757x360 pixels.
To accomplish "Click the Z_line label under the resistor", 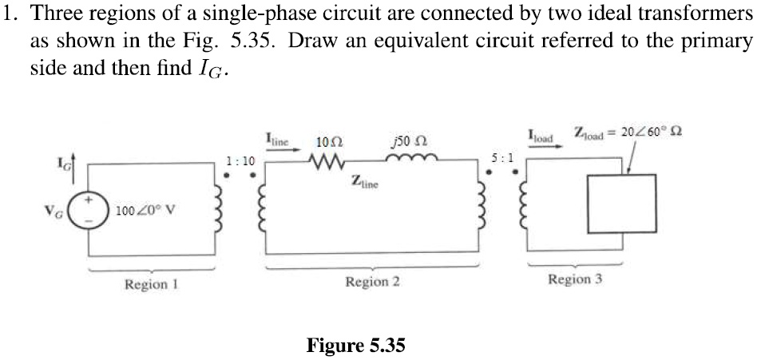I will click(x=364, y=183).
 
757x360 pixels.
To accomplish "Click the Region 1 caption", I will click(x=151, y=284).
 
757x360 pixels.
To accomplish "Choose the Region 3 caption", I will click(x=574, y=279).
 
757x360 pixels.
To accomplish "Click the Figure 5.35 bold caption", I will click(x=356, y=345).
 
